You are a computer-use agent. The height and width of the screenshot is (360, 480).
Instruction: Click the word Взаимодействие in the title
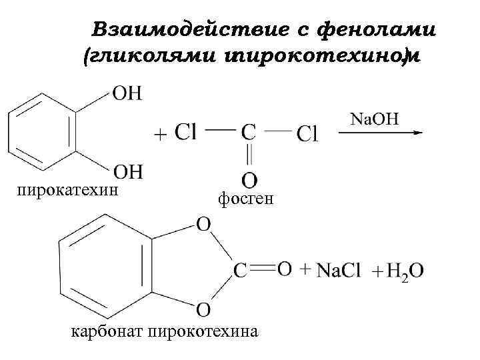click(x=175, y=29)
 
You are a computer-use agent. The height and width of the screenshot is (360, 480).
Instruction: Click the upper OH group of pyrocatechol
click(x=126, y=93)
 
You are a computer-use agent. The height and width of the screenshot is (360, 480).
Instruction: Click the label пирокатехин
click(x=67, y=191)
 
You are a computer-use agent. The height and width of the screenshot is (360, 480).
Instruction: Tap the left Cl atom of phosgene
click(x=185, y=133)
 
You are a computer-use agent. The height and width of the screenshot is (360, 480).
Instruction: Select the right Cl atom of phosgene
click(x=307, y=134)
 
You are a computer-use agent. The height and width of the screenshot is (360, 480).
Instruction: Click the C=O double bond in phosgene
click(x=248, y=155)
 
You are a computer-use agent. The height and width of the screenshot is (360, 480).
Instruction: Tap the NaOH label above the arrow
click(x=375, y=119)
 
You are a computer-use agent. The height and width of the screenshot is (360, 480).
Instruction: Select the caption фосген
click(x=245, y=198)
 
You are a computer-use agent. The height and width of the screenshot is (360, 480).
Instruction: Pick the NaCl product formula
click(x=338, y=270)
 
